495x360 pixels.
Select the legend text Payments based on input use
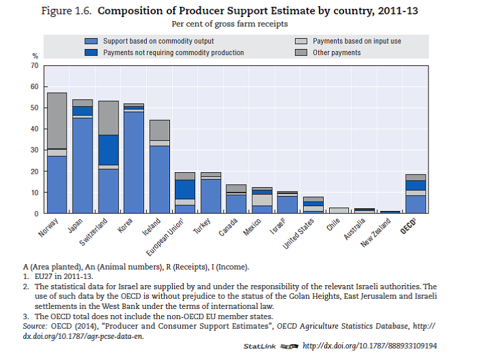pos(356,42)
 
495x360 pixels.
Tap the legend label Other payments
pos(336,52)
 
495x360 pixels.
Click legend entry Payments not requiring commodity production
pos(173,52)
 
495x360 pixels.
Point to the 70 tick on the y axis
pos(33,65)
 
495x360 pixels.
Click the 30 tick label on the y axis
pos(33,150)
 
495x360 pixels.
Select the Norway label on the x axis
pos(48,227)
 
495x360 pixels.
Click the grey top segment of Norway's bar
pos(56,120)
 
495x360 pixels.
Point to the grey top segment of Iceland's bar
pos(160,130)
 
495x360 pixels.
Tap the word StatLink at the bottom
pos(260,346)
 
